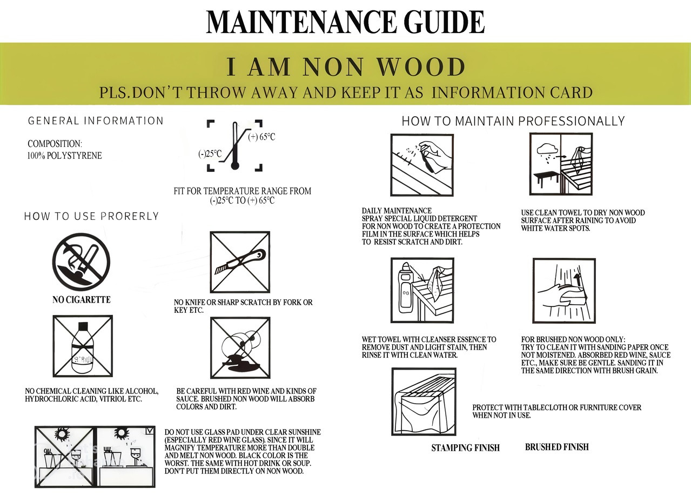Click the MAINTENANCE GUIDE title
345,22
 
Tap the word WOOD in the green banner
421,66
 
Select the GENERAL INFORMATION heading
96,121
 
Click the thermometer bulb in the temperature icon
235,166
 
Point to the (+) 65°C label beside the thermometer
261,137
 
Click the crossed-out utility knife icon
240,262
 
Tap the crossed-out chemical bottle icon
83,346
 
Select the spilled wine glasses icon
240,348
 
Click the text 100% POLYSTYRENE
64,156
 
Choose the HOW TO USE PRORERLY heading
91,216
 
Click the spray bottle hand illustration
422,165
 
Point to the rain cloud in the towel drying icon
547,149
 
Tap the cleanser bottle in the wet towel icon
406,287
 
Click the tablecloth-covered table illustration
424,401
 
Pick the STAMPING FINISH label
466,448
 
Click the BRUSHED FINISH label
557,447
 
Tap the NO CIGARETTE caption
82,299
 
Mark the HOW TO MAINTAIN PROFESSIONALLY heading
513,121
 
